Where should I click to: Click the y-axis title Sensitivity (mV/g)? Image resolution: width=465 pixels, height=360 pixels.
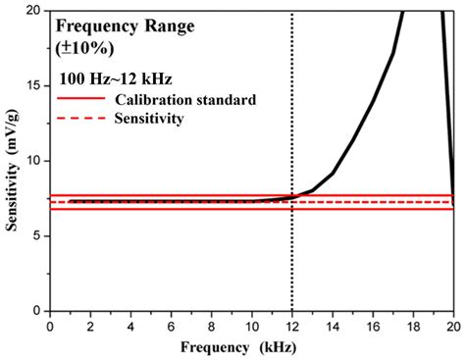click(14, 167)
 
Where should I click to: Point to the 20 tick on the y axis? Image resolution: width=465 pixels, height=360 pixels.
click(34, 11)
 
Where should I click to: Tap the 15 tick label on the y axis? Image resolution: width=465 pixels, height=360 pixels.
click(34, 85)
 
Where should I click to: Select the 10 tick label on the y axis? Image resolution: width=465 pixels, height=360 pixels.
click(34, 161)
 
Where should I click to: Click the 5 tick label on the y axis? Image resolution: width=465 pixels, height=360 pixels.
click(37, 235)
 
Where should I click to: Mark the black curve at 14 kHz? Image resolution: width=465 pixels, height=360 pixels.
click(333, 174)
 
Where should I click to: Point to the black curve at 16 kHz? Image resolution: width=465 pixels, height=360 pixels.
click(373, 101)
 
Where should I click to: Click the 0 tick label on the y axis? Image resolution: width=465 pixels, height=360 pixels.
click(37, 311)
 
